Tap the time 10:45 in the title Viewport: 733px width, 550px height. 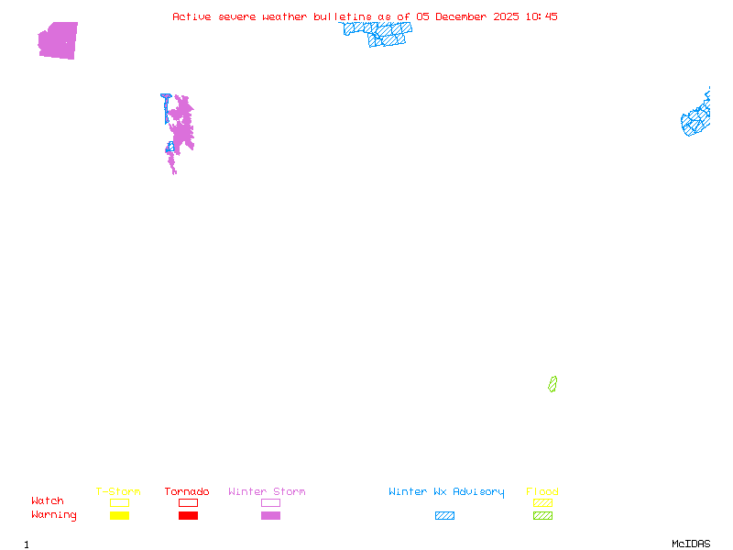pyautogui.click(x=542, y=16)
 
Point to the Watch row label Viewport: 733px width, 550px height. pyautogui.click(x=48, y=501)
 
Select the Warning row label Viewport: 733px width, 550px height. pyautogui.click(x=54, y=515)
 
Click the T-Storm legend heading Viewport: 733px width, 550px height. pyautogui.click(x=118, y=492)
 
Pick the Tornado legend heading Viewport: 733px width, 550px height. pyautogui.click(x=187, y=492)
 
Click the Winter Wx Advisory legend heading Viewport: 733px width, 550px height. pyautogui.click(x=446, y=492)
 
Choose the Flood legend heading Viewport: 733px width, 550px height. pyautogui.click(x=542, y=492)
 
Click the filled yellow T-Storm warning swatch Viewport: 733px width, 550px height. pyautogui.click(x=119, y=516)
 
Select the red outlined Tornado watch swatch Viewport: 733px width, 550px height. pyautogui.click(x=188, y=502)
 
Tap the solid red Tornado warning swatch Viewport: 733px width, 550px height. pyautogui.click(x=188, y=516)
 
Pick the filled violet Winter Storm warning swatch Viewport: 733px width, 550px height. pyautogui.click(x=270, y=516)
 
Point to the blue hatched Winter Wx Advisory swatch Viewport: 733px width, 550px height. pyautogui.click(x=444, y=516)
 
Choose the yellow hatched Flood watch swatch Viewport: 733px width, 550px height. pyautogui.click(x=542, y=502)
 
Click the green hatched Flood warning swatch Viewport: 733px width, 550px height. pyautogui.click(x=542, y=516)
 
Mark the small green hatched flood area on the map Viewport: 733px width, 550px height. pyautogui.click(x=552, y=384)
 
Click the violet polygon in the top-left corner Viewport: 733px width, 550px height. pyautogui.click(x=59, y=40)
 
